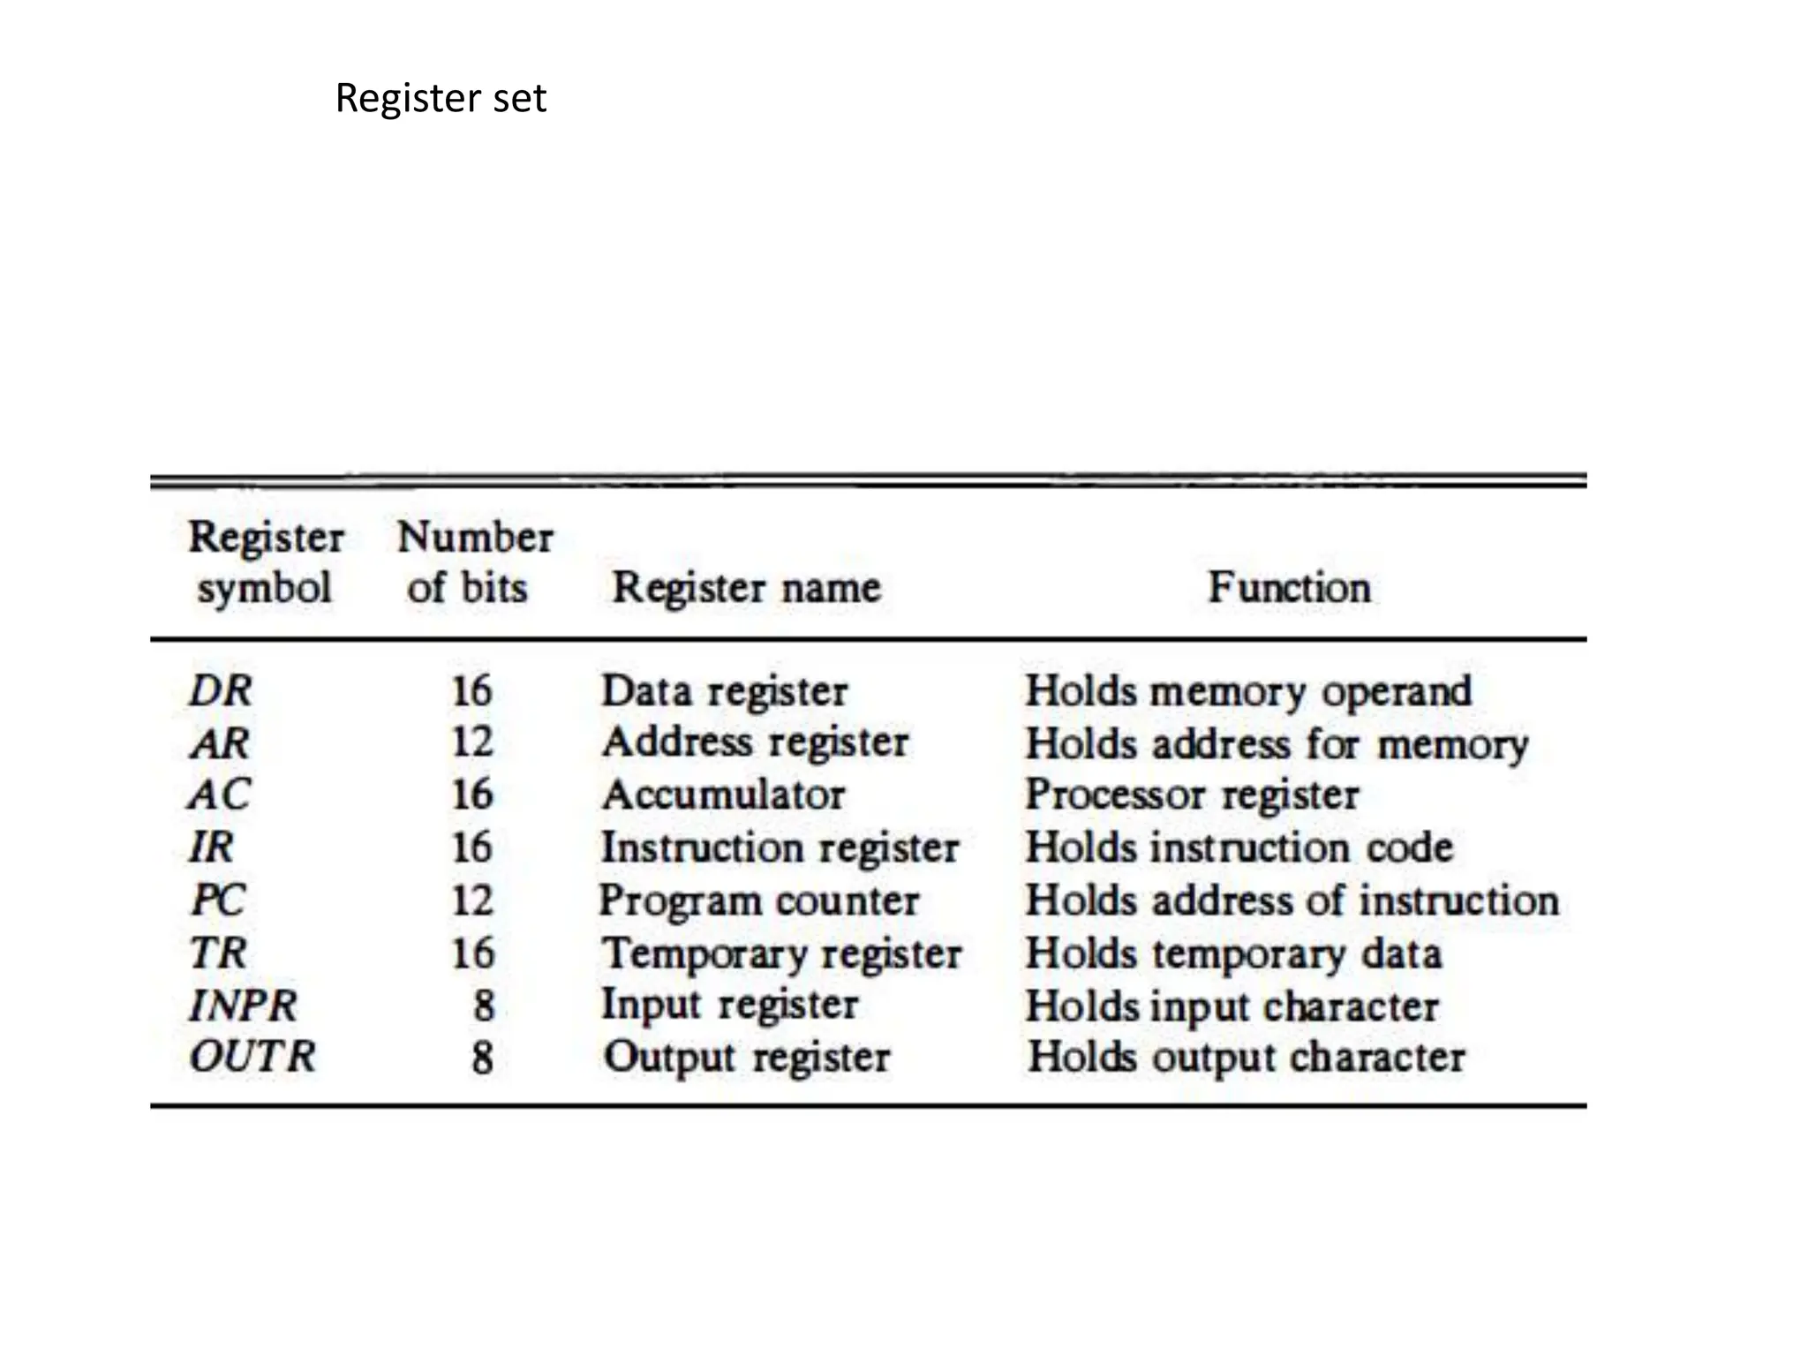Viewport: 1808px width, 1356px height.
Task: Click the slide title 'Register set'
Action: tap(441, 98)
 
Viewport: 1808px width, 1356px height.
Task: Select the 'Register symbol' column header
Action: tap(265, 562)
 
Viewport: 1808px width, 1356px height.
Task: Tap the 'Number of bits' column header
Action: tap(474, 562)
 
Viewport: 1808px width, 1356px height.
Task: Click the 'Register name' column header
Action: tap(746, 587)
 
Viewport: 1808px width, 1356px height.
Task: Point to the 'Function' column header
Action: tap(1289, 587)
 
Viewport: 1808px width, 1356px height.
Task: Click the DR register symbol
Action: tap(221, 690)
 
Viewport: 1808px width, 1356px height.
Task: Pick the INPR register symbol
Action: tap(244, 1006)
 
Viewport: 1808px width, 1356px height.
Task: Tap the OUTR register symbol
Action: tap(252, 1057)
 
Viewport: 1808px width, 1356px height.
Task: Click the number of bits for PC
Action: tap(472, 900)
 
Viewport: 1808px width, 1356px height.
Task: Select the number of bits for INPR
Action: tap(483, 1006)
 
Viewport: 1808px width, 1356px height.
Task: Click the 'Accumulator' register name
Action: tap(723, 795)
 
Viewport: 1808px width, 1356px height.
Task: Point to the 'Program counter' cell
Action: tap(759, 901)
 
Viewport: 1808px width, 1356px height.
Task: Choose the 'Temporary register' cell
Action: tap(781, 954)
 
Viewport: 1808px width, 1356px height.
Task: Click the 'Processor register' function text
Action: tap(1192, 795)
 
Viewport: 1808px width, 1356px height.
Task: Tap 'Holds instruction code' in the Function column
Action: tap(1239, 847)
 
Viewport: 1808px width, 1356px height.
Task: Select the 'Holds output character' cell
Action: tap(1246, 1058)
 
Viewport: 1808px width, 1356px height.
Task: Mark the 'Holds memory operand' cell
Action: tap(1248, 691)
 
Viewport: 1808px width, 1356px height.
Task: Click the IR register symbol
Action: tap(212, 847)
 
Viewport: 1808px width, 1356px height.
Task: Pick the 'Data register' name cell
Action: tap(724, 691)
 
